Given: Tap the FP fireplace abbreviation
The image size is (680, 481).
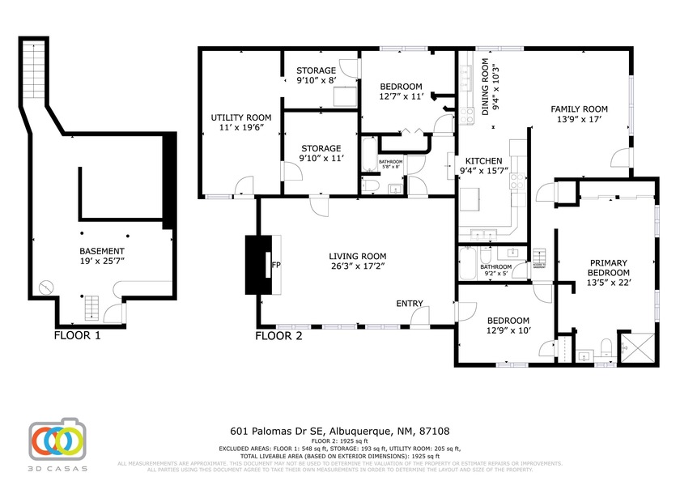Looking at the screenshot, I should tap(276, 265).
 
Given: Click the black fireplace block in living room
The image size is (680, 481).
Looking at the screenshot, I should tap(257, 265).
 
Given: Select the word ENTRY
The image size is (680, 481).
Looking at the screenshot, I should tap(410, 304).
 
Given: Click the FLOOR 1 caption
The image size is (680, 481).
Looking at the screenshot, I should tap(77, 334).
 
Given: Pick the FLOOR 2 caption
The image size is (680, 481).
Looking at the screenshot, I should tap(278, 334).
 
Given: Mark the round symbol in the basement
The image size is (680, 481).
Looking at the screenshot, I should tap(47, 287).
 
